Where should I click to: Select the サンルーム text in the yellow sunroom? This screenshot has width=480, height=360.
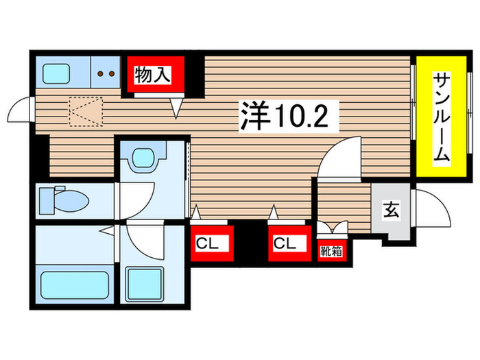pos(441,118)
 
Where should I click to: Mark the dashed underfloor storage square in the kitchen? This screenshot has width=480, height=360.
pos(85,112)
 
